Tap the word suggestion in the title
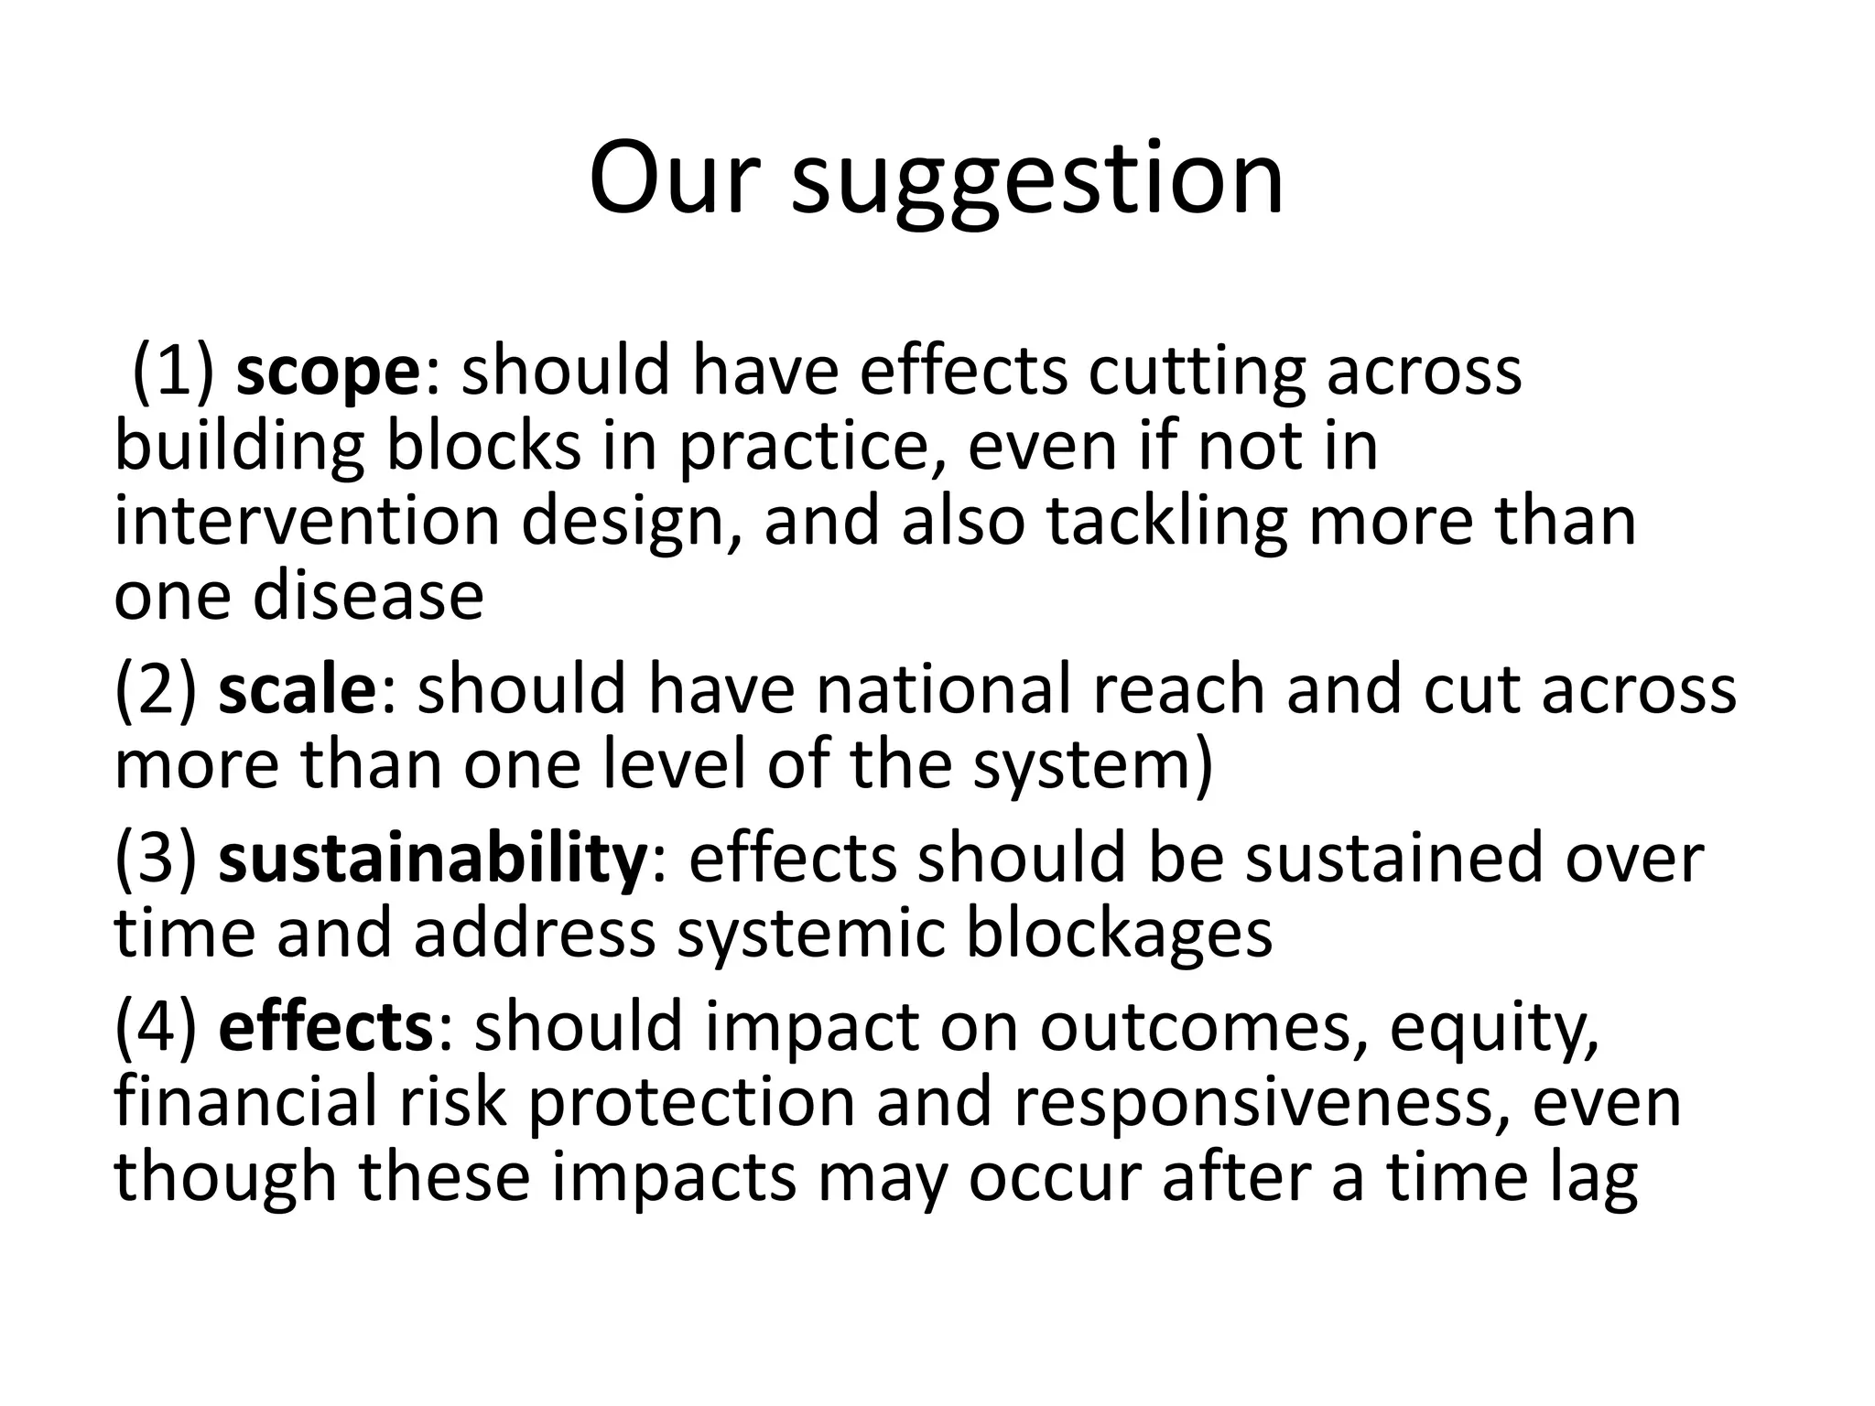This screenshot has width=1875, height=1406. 1037,180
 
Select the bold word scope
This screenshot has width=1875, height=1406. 327,373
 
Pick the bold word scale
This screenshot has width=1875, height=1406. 297,690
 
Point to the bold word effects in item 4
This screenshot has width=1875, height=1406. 325,1027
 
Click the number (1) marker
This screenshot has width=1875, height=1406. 174,373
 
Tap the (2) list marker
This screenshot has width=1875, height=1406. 156,690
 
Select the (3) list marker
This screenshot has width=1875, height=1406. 156,859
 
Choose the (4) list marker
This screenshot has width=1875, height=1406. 156,1027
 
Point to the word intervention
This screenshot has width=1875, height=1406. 307,522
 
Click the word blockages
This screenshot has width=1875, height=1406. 1119,935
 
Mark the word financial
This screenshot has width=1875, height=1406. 245,1102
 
